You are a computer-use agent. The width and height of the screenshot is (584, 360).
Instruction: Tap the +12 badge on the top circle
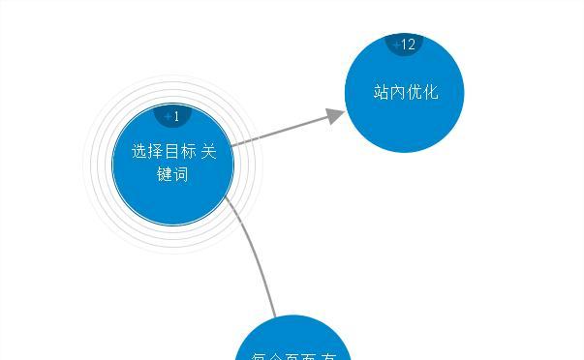click(x=406, y=45)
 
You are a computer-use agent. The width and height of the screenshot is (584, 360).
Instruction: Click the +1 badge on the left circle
click(x=173, y=116)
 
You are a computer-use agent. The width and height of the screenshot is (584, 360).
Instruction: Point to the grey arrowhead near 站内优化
click(x=335, y=116)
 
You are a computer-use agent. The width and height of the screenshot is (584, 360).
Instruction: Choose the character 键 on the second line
click(x=165, y=175)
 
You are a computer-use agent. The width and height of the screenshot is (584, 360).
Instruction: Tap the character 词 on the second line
click(x=181, y=175)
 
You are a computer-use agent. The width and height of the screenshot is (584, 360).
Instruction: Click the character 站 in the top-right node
click(x=382, y=93)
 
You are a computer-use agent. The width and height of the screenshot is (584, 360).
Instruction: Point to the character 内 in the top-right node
click(x=398, y=93)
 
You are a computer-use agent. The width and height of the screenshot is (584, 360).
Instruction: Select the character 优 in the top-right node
click(x=415, y=93)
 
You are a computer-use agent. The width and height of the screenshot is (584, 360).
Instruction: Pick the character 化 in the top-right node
click(x=431, y=93)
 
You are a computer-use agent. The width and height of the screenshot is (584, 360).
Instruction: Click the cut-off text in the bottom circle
click(x=293, y=355)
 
